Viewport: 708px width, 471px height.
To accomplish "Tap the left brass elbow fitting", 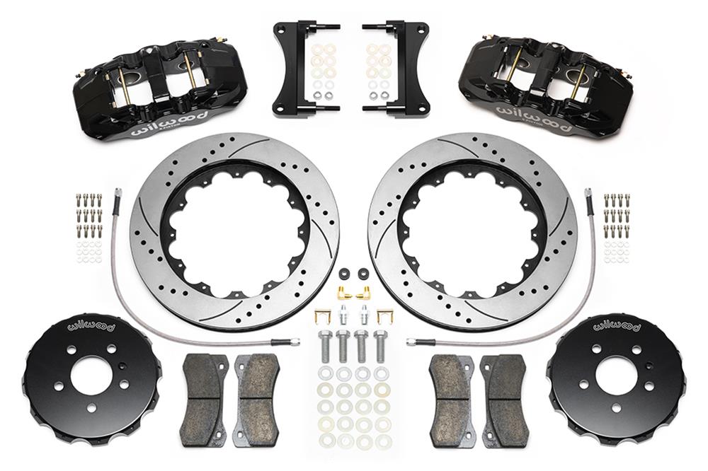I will coord(343,291).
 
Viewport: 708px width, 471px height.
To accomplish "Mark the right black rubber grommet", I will coord(363,273).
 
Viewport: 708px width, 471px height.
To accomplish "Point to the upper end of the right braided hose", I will coord(588,192).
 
